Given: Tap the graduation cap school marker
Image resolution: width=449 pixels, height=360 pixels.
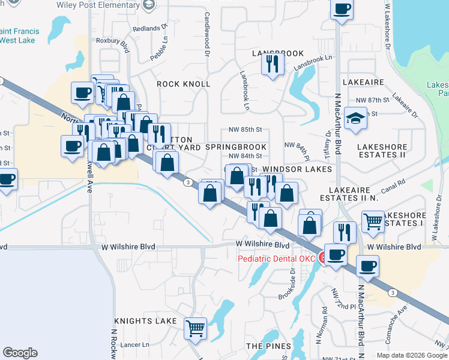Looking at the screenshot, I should tap(356, 118).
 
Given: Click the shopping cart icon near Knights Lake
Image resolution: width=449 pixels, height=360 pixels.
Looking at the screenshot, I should tap(196, 328).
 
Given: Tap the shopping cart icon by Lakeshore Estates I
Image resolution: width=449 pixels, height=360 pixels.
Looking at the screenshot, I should tap(373, 221).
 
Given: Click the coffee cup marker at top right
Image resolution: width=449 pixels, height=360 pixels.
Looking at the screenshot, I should tap(342, 9).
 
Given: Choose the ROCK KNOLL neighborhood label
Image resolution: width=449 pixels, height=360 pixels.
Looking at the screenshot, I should tap(183, 85).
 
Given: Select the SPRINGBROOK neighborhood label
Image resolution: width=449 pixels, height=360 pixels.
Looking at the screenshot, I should tap(235, 146).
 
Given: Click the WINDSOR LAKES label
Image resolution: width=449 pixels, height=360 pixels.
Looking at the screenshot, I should tap(297, 170).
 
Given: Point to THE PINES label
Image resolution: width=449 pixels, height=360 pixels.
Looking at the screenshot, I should tap(268, 346).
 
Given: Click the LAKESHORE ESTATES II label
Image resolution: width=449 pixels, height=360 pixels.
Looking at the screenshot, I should tap(382, 151).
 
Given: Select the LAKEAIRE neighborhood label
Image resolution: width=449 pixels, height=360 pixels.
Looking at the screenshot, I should tap(363, 81).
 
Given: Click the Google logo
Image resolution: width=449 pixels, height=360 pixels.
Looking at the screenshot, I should tap(20, 352).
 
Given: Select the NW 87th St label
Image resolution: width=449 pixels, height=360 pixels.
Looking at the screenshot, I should tap(369, 100).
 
